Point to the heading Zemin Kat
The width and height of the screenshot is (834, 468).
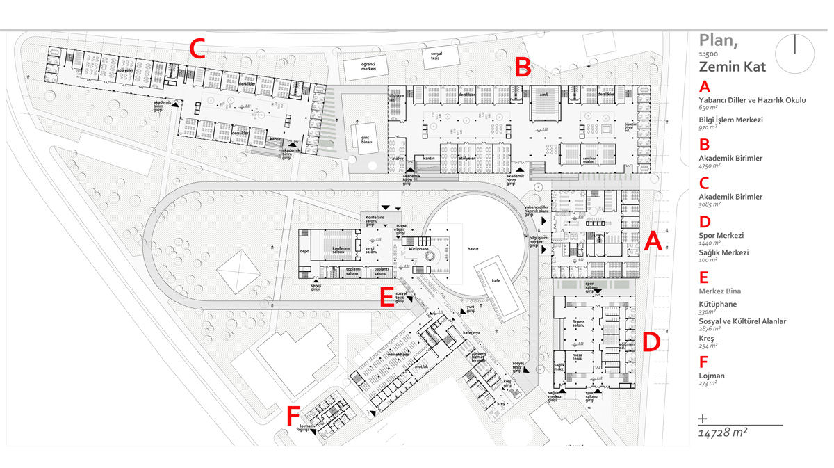[733, 67]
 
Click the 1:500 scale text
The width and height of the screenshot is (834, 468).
[710, 54]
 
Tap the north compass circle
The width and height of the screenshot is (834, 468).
[794, 54]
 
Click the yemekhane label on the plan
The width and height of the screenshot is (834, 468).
[398, 355]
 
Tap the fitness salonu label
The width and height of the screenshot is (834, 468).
[579, 324]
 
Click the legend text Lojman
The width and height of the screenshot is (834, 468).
[712, 376]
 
